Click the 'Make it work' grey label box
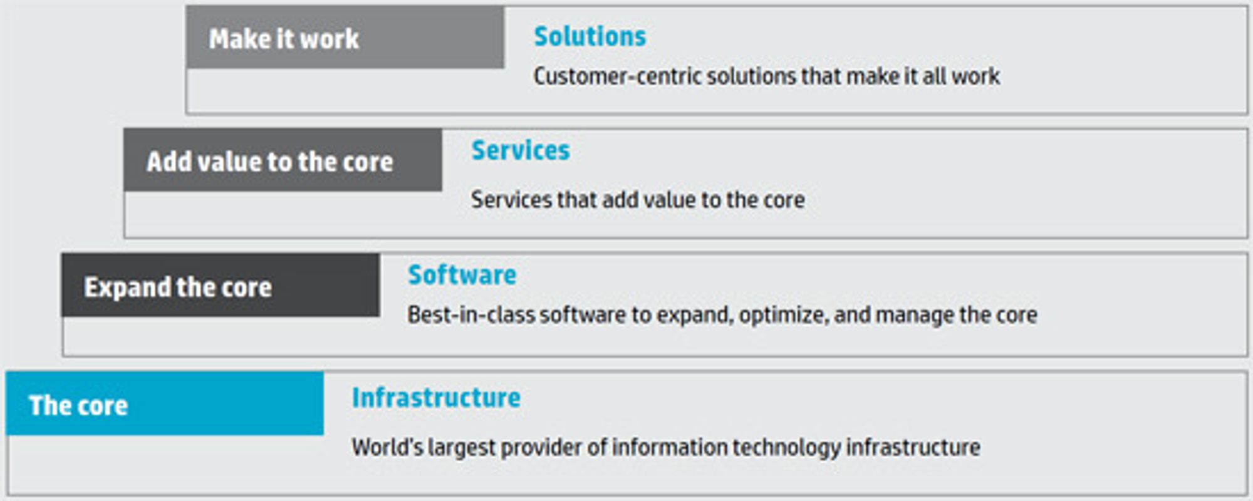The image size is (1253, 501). [x=345, y=37]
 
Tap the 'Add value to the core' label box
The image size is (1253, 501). [x=283, y=160]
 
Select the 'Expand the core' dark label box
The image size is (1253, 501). [x=221, y=285]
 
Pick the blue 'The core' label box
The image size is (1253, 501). [x=165, y=403]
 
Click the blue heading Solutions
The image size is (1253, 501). [x=590, y=36]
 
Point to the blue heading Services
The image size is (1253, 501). [x=521, y=150]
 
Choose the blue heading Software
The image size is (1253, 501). [x=462, y=275]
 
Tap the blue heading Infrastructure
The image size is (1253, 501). [x=436, y=398]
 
